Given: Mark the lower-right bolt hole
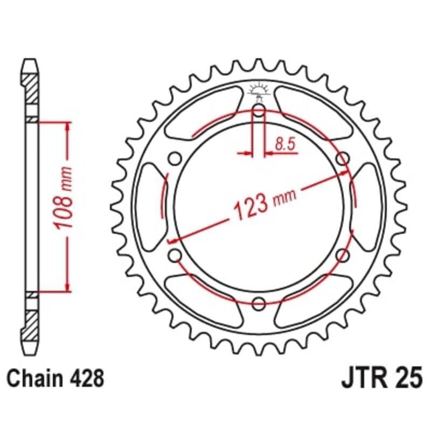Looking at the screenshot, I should click(341, 254).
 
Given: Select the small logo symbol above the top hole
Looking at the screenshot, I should click(258, 92).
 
